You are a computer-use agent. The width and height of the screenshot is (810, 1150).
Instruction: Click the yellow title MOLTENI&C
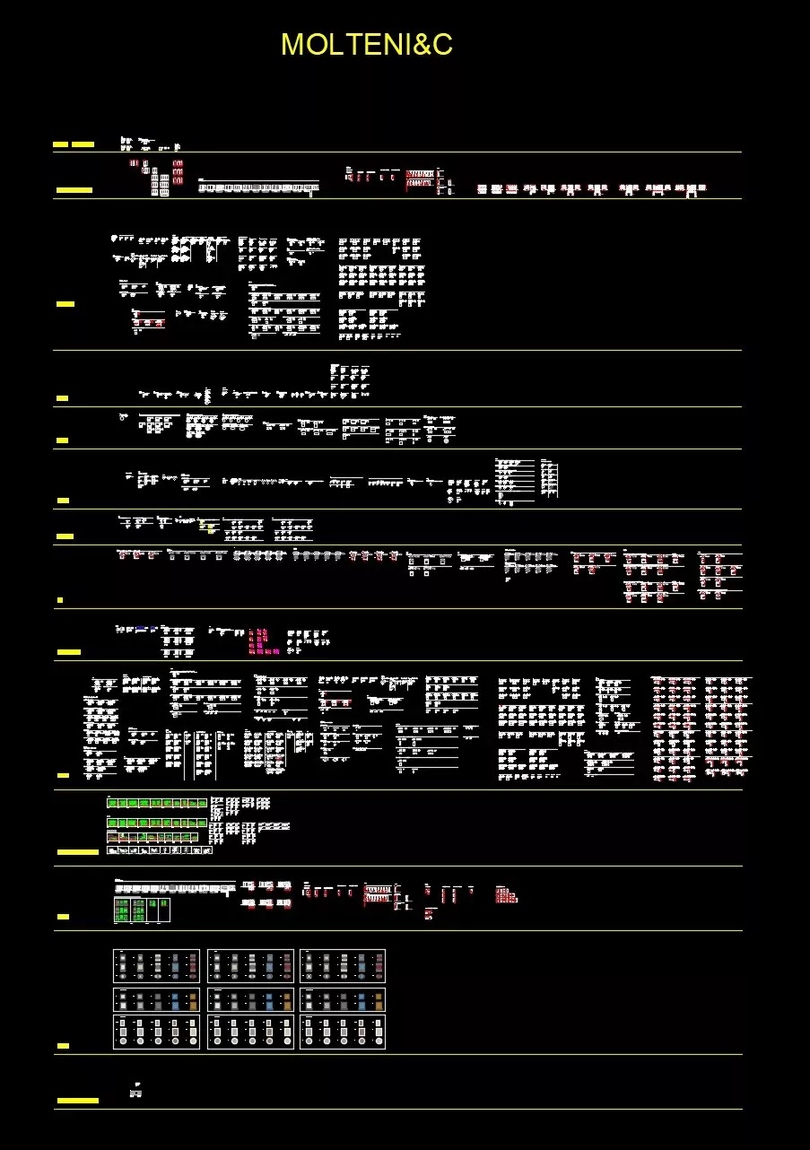[x=366, y=44]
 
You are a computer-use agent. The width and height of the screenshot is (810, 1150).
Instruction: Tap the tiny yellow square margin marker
[x=60, y=598]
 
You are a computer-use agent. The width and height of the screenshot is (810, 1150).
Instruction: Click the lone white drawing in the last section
[x=136, y=1090]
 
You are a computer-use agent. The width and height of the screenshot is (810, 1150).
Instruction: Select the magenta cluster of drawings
[x=258, y=640]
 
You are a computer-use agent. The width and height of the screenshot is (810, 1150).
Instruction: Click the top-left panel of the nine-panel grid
[x=157, y=966]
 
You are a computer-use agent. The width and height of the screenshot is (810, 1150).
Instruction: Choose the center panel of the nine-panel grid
[x=250, y=999]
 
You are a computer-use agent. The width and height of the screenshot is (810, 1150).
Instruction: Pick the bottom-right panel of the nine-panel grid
[x=343, y=1032]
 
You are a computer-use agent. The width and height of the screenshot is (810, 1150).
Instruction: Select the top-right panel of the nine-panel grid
[x=343, y=966]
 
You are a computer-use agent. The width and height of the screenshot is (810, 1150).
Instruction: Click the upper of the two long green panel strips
[x=157, y=803]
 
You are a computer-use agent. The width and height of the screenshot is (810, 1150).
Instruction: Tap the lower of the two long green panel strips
[x=157, y=822]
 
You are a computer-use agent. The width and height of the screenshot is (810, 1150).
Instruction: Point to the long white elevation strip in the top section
[x=258, y=187]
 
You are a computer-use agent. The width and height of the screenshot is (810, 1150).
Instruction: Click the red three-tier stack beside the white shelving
[x=178, y=171]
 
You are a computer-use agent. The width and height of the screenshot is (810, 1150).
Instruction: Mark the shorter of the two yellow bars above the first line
[x=61, y=144]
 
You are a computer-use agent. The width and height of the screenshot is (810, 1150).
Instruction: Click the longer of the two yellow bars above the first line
[x=83, y=144]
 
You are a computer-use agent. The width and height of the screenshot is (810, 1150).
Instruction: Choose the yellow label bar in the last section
[x=77, y=1100]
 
